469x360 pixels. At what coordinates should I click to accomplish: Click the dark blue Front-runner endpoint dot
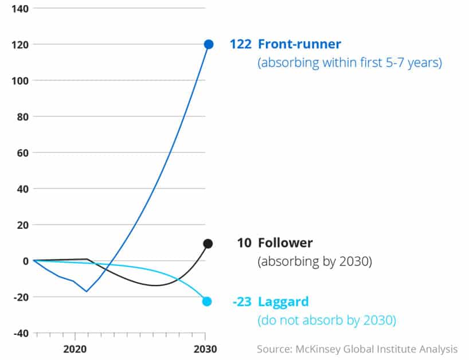[x=209, y=44]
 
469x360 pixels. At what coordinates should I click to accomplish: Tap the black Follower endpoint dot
[x=208, y=244]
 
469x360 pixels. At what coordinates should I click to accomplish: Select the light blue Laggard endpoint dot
[x=207, y=302]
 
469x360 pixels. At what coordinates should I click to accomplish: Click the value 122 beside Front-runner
[x=240, y=44]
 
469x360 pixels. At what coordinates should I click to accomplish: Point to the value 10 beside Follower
[x=244, y=242]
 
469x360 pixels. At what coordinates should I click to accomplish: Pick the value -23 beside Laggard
[x=242, y=302]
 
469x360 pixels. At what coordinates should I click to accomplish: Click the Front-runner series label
[x=299, y=44]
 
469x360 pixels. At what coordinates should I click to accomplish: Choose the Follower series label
[x=285, y=242]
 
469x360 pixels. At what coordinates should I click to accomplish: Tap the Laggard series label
[x=283, y=302]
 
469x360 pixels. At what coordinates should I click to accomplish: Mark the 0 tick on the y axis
[x=26, y=261]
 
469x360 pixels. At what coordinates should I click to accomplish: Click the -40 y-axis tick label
[x=21, y=333]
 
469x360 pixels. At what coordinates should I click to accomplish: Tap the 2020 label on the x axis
[x=75, y=349]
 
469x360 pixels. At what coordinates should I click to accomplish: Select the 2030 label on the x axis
[x=205, y=349]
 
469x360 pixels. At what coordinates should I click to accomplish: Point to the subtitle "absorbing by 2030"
[x=315, y=262]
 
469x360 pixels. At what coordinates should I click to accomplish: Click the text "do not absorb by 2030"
[x=326, y=320]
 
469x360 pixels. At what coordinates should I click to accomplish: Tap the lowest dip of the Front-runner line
[x=87, y=291]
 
